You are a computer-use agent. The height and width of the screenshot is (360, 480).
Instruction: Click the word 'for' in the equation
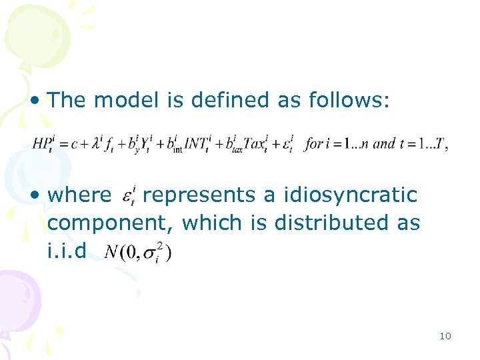click(x=313, y=144)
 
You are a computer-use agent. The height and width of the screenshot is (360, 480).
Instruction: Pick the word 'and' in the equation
click(x=385, y=144)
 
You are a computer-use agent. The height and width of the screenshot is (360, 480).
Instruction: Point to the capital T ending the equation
click(x=441, y=144)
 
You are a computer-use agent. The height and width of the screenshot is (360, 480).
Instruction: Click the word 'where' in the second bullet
click(x=80, y=195)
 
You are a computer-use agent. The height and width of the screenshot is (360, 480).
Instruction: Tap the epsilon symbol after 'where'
click(x=129, y=197)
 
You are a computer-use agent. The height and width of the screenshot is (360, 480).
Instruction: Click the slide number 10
click(x=445, y=336)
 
